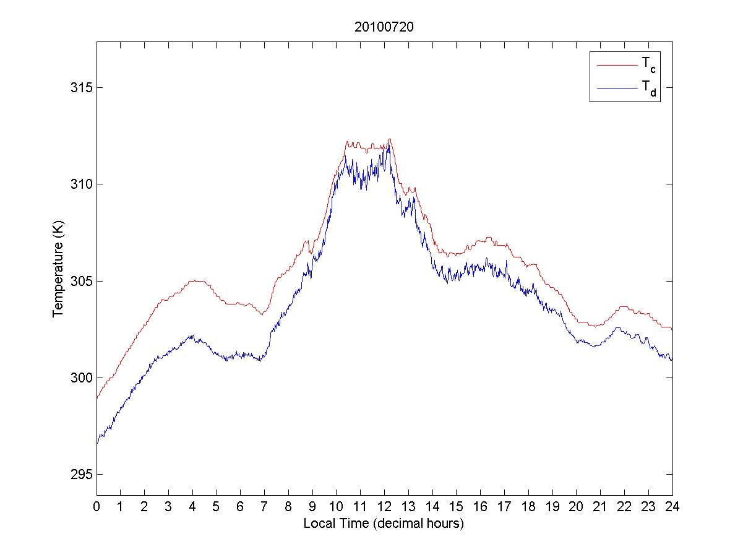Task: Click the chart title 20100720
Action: point(384,27)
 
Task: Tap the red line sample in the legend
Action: point(616,64)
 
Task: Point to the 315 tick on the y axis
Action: point(80,87)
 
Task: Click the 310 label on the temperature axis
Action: point(80,184)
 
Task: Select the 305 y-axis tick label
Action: point(80,281)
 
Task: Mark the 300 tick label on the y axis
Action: point(80,378)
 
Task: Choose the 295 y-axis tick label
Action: point(80,475)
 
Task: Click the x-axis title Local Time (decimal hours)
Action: point(384,524)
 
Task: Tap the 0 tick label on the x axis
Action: point(97,506)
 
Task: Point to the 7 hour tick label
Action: point(264,506)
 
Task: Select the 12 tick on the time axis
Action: point(384,506)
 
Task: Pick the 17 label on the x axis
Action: point(504,506)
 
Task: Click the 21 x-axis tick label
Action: point(600,506)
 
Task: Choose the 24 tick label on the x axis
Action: point(672,506)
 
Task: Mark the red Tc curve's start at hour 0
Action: point(97,397)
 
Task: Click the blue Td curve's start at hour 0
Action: point(97,443)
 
